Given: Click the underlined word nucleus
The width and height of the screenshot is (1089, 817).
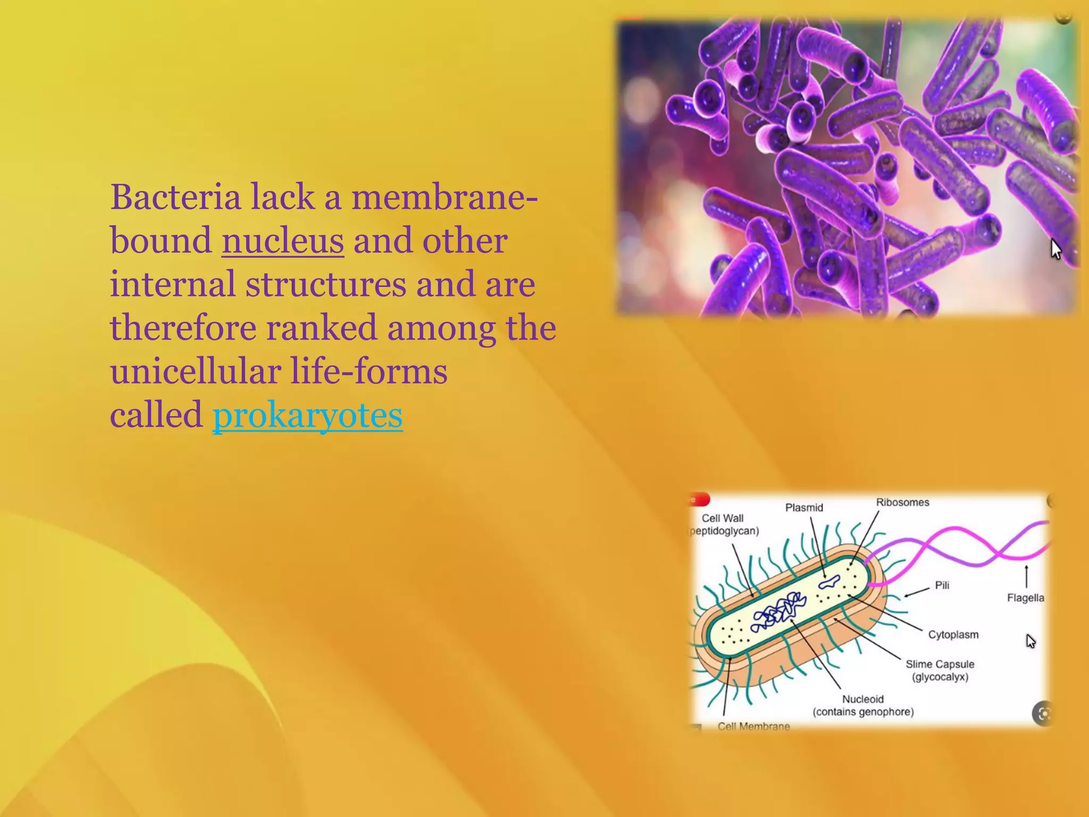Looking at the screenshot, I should pyautogui.click(x=282, y=241).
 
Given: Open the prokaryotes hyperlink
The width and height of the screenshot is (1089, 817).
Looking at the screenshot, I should pyautogui.click(x=307, y=415).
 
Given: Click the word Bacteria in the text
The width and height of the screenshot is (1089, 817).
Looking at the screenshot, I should pyautogui.click(x=175, y=197).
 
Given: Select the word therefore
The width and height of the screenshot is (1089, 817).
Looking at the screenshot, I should pyautogui.click(x=183, y=328).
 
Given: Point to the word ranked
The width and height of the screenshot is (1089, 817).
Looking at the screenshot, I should pyautogui.click(x=321, y=328).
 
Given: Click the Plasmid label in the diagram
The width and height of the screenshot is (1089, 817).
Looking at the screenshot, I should pyautogui.click(x=804, y=507).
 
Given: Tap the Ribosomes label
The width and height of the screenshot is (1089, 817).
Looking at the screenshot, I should pyautogui.click(x=902, y=502).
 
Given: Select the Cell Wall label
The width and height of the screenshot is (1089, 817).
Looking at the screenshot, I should pyautogui.click(x=722, y=518).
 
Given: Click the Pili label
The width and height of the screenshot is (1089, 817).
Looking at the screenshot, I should pyautogui.click(x=942, y=585).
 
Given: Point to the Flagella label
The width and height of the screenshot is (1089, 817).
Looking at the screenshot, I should pyautogui.click(x=1025, y=598).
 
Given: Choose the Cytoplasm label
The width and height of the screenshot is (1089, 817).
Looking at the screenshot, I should pyautogui.click(x=953, y=635).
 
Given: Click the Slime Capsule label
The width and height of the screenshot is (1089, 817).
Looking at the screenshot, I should pyautogui.click(x=940, y=664).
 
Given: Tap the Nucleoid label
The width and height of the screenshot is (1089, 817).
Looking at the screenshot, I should pyautogui.click(x=862, y=699).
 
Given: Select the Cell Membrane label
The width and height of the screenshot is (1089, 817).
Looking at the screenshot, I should pyautogui.click(x=753, y=726).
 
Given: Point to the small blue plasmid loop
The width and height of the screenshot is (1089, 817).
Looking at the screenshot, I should pyautogui.click(x=829, y=582).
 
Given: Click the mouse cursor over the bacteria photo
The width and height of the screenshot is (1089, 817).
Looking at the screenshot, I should pyautogui.click(x=1056, y=249).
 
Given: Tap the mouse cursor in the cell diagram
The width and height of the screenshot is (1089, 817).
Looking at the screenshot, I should pyautogui.click(x=1031, y=641).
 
